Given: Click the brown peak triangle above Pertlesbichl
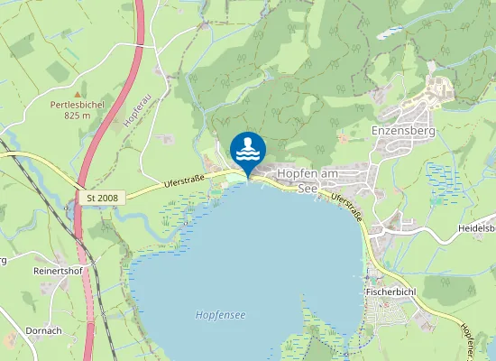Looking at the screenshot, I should pyautogui.click(x=78, y=93).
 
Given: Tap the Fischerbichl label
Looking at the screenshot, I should pyautogui.click(x=390, y=292).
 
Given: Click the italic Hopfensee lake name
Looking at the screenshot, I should pyautogui.click(x=220, y=314).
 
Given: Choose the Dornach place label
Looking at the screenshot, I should pyautogui.click(x=43, y=331).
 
